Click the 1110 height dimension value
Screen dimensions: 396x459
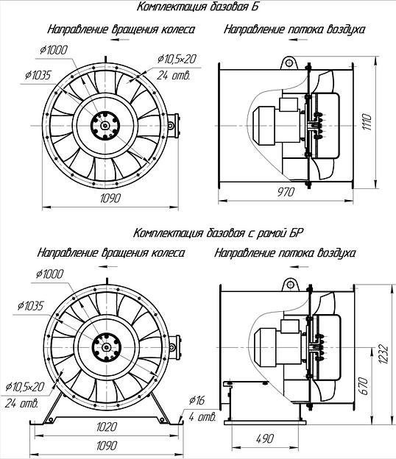pos(368,122)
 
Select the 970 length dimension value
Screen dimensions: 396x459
pos(286,192)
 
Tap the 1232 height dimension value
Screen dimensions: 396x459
pos(383,355)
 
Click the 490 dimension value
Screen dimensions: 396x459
pos(265,438)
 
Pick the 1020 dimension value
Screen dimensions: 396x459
pos(107,427)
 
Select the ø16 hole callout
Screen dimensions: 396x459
pos(197,400)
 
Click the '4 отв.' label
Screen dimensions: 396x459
pos(202,416)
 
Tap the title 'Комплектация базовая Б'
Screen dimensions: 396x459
pos(197,7)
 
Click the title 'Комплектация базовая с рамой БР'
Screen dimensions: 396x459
pos(218,233)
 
